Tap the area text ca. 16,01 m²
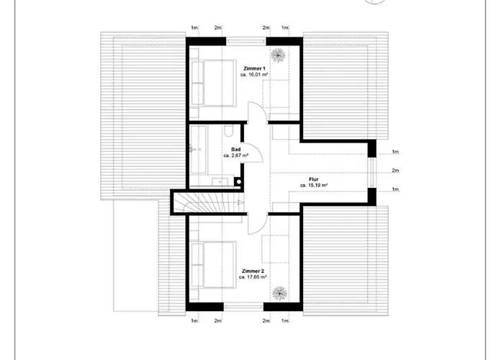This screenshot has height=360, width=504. tap(253, 74)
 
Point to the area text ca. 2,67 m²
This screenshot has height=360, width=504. tap(235, 155)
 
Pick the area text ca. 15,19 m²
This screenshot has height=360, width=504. tap(314, 185)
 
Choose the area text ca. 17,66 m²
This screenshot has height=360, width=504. tap(253, 276)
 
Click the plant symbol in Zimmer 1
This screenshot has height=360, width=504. tap(278, 55)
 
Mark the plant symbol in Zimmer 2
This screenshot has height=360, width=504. tap(278, 293)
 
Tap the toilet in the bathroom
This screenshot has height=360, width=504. tap(228, 131)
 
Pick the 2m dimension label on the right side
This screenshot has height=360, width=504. tap(395, 171)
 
